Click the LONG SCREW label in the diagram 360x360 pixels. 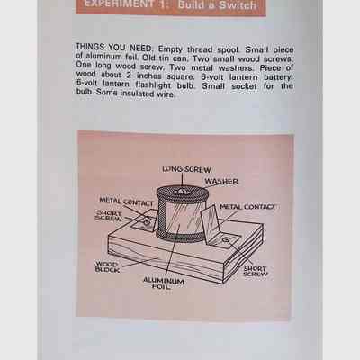pyautogui.click(x=186, y=169)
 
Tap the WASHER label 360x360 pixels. pyautogui.click(x=221, y=182)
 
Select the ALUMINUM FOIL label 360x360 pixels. pyautogui.click(x=164, y=283)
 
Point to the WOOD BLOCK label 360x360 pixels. pyautogui.click(x=107, y=267)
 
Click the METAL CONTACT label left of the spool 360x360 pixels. pyautogui.click(x=126, y=202)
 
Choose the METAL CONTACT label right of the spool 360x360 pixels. pyautogui.click(x=247, y=207)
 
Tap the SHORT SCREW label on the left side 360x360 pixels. pyautogui.click(x=109, y=216)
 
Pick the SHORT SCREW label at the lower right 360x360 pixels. pyautogui.click(x=255, y=271)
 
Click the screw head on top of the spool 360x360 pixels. pyautogui.click(x=182, y=192)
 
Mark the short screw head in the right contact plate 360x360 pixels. pyautogui.click(x=226, y=239)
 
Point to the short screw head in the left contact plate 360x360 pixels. pyautogui.click(x=147, y=222)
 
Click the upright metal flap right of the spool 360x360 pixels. pyautogui.click(x=210, y=221)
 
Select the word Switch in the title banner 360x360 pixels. pyautogui.click(x=238, y=5)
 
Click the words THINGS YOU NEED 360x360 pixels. pyautogui.click(x=114, y=48)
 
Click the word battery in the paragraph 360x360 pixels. pyautogui.click(x=278, y=77)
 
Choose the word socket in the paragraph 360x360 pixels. pyautogui.click(x=244, y=86)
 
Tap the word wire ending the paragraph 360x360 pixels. pyautogui.click(x=166, y=94)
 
